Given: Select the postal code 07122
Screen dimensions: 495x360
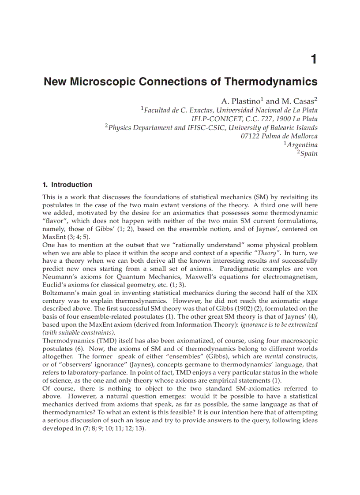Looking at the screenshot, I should click(250, 136).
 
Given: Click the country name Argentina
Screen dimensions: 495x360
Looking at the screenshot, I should click(302, 145).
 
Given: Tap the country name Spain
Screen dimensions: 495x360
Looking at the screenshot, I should click(308, 153).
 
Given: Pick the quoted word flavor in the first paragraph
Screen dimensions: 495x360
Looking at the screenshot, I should click(56, 221).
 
